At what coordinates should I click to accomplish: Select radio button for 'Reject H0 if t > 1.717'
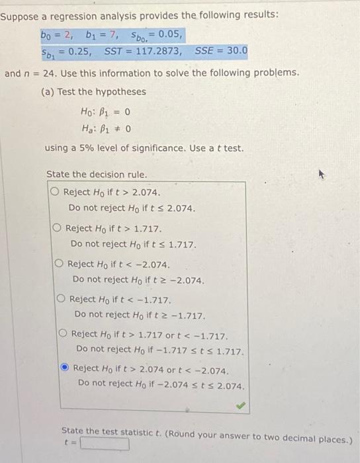(x=58, y=228)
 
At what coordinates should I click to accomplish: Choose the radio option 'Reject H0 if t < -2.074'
(x=60, y=263)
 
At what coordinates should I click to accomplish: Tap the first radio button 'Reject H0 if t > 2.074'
(x=56, y=192)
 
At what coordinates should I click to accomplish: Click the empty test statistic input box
(x=105, y=444)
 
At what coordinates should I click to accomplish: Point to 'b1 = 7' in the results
(x=98, y=32)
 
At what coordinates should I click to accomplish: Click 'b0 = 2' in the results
(x=56, y=32)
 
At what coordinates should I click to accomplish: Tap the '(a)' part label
(x=48, y=91)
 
